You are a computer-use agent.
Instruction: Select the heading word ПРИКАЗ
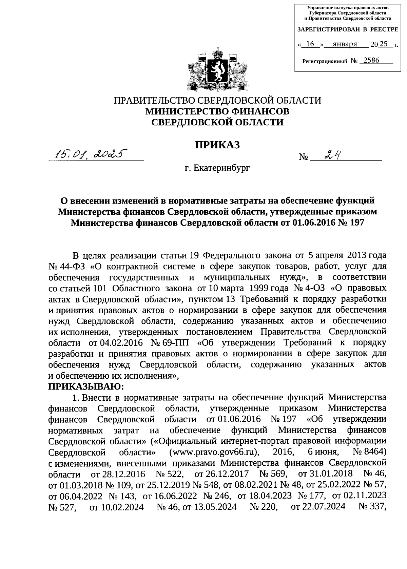[217, 145]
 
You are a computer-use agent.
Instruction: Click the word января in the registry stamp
[345, 44]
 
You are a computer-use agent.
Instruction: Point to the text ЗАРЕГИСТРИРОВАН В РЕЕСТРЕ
[348, 30]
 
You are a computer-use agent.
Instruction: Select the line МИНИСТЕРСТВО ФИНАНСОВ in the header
[217, 111]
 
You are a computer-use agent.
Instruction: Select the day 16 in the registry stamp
[310, 44]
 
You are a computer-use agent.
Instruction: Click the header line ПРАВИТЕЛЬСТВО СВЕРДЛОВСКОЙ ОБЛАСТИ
[217, 101]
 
